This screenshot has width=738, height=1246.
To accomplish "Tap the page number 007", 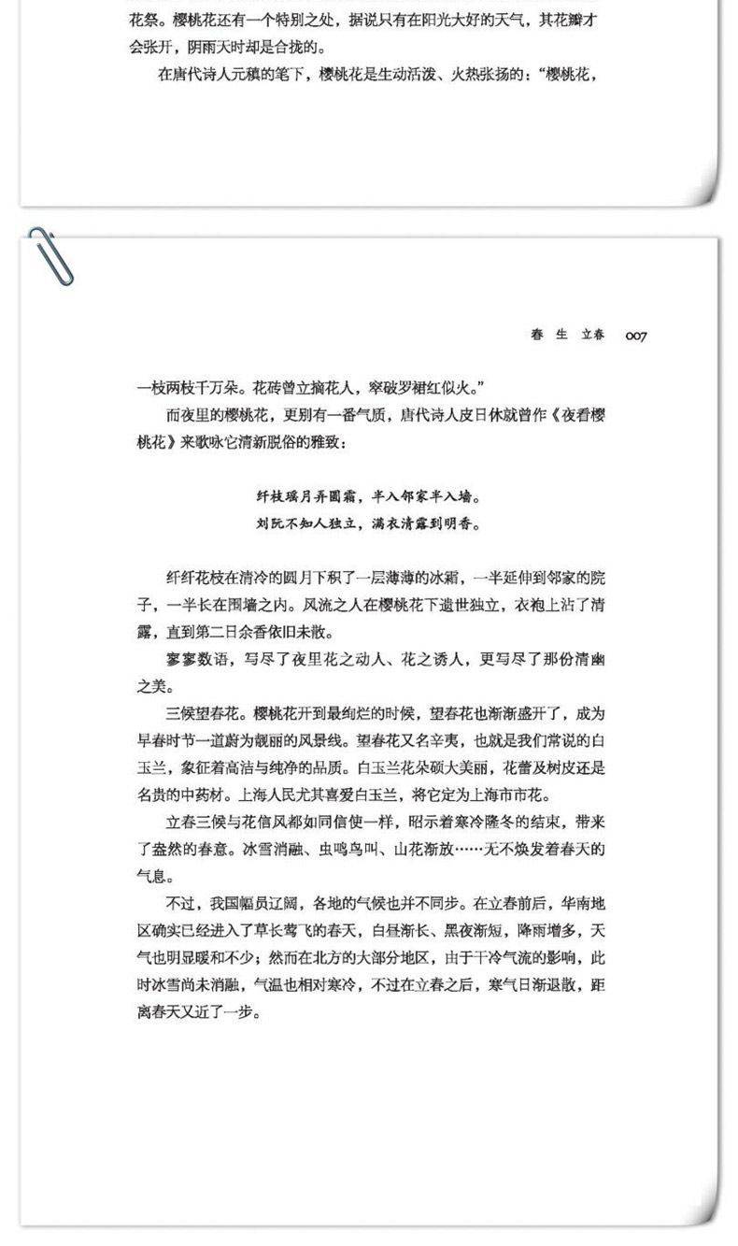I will tap(636, 336).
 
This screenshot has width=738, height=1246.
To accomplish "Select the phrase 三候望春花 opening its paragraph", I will tap(206, 714).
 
